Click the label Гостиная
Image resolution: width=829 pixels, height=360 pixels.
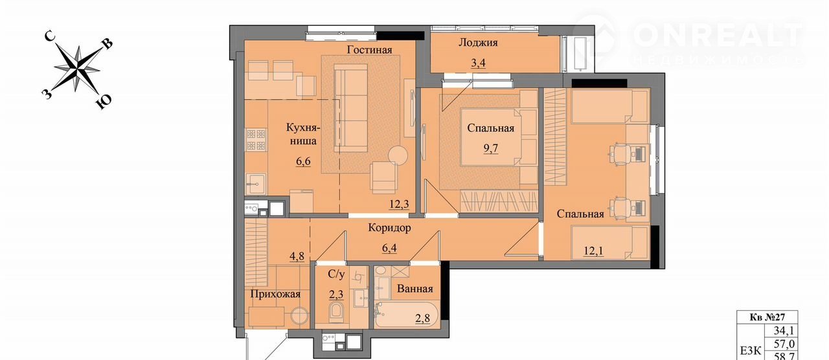[x=369, y=50]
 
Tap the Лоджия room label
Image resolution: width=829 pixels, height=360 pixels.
[x=478, y=43]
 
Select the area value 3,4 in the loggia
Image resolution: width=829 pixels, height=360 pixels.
[x=478, y=63]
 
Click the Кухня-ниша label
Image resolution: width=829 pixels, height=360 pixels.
[x=303, y=134]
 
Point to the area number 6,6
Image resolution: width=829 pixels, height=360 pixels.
[x=303, y=162]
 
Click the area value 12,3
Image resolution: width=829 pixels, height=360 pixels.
[x=399, y=204]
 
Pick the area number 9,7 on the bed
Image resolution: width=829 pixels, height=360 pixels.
[x=491, y=148]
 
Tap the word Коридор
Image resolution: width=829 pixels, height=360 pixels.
[x=389, y=227]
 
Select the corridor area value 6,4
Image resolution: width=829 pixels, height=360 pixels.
[x=389, y=247]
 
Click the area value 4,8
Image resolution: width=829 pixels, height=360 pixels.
[x=297, y=256]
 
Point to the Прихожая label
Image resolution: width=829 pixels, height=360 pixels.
[x=275, y=294]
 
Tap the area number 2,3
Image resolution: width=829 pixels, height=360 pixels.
[x=336, y=295]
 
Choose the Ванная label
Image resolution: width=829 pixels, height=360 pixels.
[x=415, y=289]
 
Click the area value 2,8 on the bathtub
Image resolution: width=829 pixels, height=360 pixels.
[x=422, y=318]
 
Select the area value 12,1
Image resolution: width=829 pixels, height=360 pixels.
[x=594, y=251]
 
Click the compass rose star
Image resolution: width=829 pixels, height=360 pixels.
[x=78, y=69]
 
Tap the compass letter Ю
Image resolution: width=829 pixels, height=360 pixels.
[x=104, y=102]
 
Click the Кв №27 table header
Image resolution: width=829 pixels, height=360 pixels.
[x=767, y=317]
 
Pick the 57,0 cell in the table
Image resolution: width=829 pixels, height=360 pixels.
[x=784, y=344]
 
